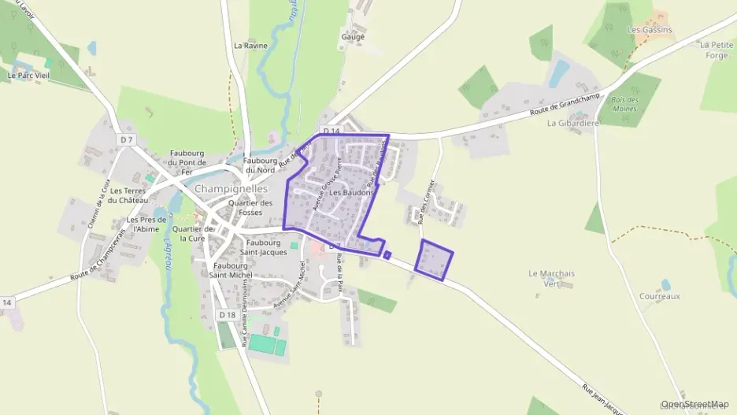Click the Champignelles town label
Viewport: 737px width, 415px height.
click(231, 189)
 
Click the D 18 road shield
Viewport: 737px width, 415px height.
click(227, 315)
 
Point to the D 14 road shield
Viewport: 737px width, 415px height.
click(331, 131)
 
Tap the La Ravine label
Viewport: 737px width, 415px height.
click(250, 46)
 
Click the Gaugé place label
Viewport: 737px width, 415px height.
click(352, 37)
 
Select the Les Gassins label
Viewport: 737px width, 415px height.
click(649, 30)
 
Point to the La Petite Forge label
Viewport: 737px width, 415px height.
click(716, 50)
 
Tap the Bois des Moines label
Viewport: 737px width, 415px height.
click(624, 104)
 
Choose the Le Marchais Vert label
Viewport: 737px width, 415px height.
click(552, 278)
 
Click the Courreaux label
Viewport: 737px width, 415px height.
click(660, 297)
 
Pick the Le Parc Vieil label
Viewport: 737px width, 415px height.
click(28, 76)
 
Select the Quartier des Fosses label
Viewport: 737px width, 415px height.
click(250, 208)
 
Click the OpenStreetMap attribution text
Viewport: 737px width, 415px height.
click(695, 404)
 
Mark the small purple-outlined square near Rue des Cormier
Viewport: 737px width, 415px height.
click(435, 260)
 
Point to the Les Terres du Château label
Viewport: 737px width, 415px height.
click(128, 195)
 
